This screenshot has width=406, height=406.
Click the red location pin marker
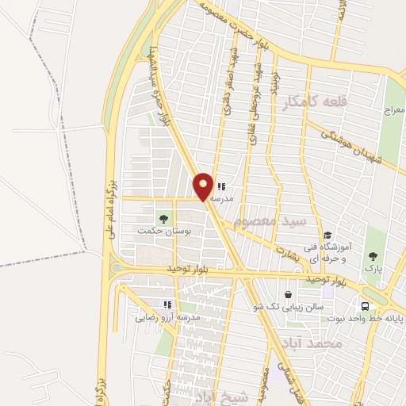point(203,186)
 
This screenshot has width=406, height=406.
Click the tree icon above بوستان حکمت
point(164,217)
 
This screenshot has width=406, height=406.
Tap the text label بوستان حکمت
point(155,231)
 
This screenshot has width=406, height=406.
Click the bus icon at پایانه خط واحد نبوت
point(365,307)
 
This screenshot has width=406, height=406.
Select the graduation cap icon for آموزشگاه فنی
point(327,236)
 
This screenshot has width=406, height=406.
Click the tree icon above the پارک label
point(373,257)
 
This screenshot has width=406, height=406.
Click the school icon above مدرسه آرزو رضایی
point(167,304)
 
